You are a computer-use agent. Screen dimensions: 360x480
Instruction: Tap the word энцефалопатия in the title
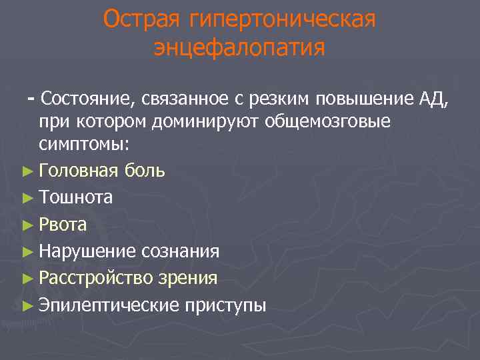coord(239,49)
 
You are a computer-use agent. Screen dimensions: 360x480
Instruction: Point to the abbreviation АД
coord(435,100)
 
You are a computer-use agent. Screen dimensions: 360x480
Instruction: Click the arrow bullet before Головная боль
coord(27,171)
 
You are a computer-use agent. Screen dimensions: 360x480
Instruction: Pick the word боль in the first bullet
coord(145,171)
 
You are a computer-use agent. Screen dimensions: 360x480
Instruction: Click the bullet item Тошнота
coord(75,198)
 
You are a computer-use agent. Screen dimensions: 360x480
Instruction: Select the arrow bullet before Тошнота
coord(27,198)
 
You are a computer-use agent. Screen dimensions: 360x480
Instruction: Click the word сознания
coord(180,251)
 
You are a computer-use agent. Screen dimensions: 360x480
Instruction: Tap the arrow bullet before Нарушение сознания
coord(27,252)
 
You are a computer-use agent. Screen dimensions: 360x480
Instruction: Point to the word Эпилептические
coord(109,305)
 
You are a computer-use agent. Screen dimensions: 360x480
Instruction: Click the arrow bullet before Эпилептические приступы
coord(27,305)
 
